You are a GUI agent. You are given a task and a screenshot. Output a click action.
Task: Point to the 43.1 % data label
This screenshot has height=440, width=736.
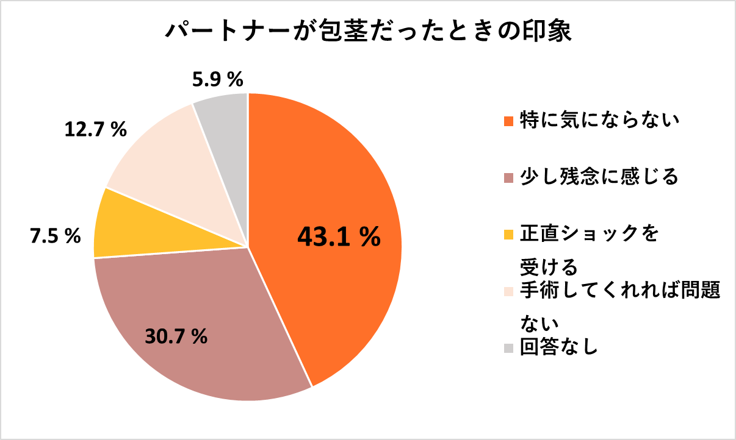click(339, 237)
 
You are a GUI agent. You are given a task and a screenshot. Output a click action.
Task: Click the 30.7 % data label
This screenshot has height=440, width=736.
click(176, 335)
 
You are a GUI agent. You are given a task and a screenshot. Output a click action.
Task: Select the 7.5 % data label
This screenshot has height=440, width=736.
click(56, 236)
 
